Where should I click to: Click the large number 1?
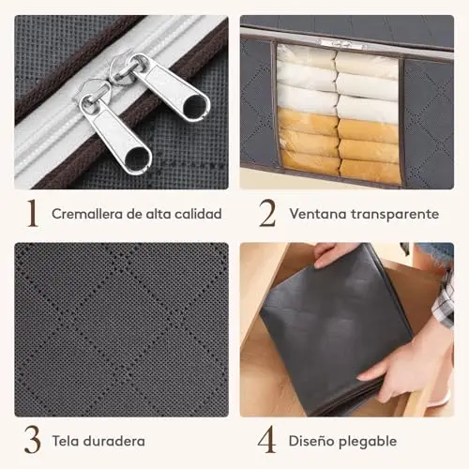(x=33, y=213)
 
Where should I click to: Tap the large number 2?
(x=267, y=213)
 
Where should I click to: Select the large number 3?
(x=33, y=441)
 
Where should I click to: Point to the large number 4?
(x=267, y=440)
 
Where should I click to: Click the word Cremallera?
(x=87, y=214)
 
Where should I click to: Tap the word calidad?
(x=198, y=214)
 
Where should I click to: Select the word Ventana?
(x=318, y=214)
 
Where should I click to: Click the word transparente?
(x=395, y=215)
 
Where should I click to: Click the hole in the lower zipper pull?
(x=137, y=156)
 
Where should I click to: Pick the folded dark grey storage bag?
(x=336, y=331)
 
